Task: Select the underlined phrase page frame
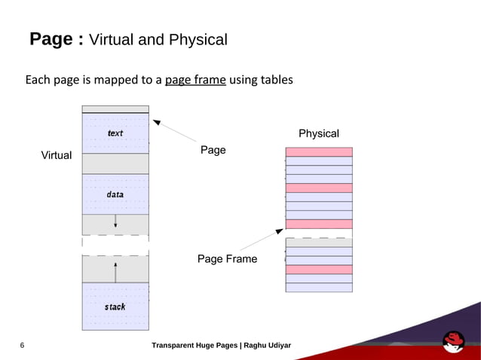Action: pos(195,79)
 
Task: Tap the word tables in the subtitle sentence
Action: pos(276,79)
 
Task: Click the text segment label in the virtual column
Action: pos(115,133)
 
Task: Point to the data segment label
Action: pos(115,194)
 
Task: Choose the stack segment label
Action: pos(115,307)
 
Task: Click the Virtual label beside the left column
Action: pos(56,156)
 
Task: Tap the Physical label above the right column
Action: pos(319,133)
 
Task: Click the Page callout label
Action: pos(213,150)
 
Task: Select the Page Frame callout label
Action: pos(227,259)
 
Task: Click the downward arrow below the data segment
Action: pos(115,220)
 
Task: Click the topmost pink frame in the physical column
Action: pos(319,152)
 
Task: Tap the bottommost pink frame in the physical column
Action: pos(319,269)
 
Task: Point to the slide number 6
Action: pos(22,346)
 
